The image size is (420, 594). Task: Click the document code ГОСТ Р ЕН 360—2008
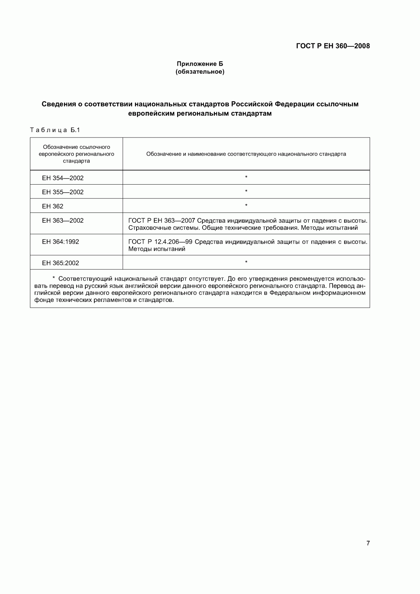point(333,46)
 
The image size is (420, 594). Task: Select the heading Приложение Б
point(200,64)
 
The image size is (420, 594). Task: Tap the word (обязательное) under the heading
point(200,72)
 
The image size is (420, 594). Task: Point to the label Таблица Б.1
point(55,130)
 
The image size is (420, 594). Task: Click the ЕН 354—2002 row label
point(63,178)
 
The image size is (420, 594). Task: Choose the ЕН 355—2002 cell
point(63,192)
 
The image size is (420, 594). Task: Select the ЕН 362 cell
point(53,206)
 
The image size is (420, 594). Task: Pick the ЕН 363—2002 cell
point(63,220)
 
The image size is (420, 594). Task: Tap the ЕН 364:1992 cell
point(61,242)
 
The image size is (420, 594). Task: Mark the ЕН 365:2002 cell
point(61,263)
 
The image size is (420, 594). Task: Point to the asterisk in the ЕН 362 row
point(246,206)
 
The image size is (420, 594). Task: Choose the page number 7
point(368,544)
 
